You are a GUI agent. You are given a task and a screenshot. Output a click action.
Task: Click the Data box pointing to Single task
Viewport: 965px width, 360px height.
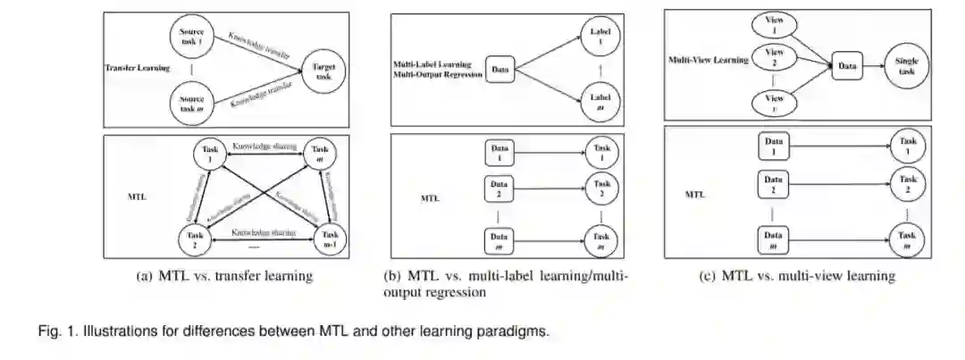click(x=846, y=64)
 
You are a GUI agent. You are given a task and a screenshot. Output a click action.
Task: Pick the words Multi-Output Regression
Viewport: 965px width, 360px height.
click(x=438, y=75)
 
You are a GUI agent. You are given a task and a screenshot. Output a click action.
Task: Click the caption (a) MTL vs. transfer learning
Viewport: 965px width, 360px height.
click(x=224, y=276)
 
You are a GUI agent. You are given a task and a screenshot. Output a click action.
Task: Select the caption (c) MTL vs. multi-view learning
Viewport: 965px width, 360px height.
click(x=796, y=276)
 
